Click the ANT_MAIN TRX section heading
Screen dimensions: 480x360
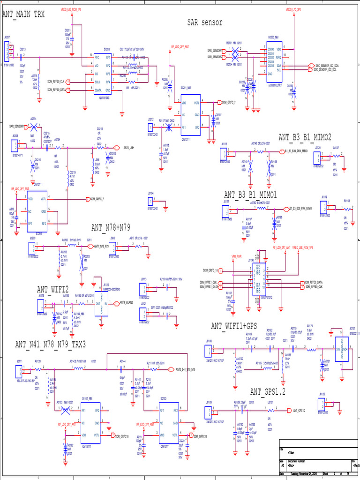pos(23,14)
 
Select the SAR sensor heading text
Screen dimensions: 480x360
pos(205,22)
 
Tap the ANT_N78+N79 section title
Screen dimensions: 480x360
pos(111,228)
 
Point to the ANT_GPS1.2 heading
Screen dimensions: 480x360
pos(268,391)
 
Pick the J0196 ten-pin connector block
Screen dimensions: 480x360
pos(257,278)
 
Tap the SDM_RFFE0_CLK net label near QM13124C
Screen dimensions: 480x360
pos(56,82)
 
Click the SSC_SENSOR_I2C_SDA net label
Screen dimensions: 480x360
pos(327,66)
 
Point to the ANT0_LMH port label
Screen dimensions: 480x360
pos(129,148)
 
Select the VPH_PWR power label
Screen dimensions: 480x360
pos(236,256)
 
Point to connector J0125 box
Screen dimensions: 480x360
pos(321,405)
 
